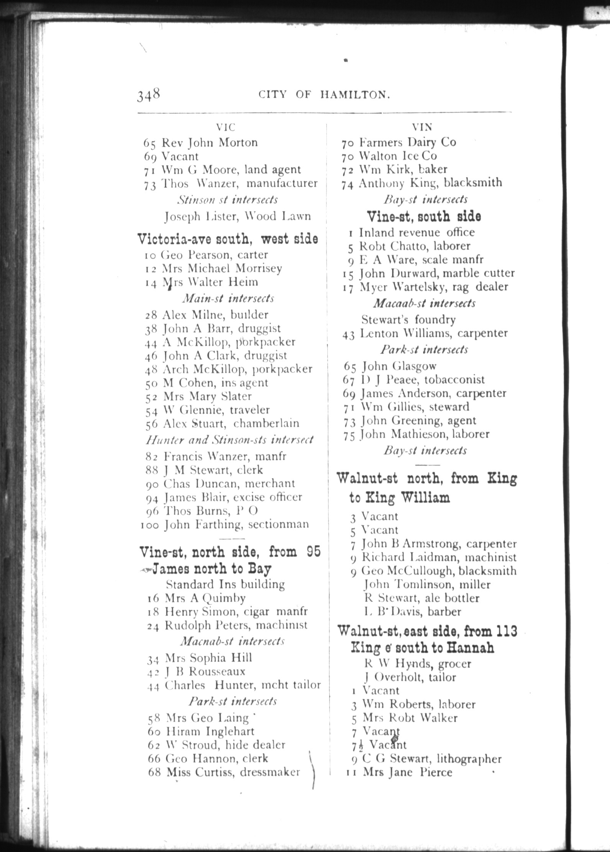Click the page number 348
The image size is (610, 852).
148,94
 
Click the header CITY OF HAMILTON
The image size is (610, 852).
324,95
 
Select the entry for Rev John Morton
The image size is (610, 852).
200,143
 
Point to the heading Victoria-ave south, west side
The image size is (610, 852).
228,239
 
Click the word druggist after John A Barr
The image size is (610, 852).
259,328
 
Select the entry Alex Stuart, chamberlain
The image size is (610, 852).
222,423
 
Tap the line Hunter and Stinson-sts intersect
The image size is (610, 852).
229,439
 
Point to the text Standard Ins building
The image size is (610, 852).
225,584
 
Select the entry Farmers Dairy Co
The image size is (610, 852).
398,143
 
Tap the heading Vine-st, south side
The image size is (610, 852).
424,216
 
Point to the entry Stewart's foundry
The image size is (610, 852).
408,319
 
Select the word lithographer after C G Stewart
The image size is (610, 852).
469,759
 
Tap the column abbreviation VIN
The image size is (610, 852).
422,127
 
